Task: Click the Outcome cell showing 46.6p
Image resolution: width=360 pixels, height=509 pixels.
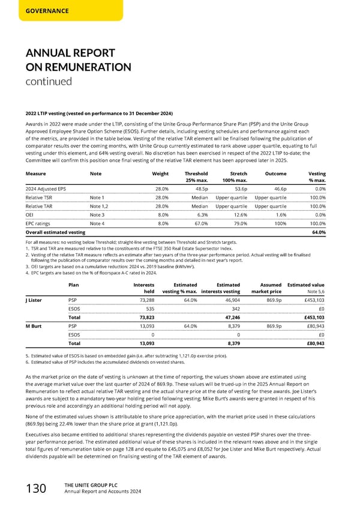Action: [278, 188]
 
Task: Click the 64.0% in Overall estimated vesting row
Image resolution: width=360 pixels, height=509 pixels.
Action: [319, 232]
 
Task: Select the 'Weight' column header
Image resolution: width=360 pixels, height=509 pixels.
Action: [160, 173]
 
